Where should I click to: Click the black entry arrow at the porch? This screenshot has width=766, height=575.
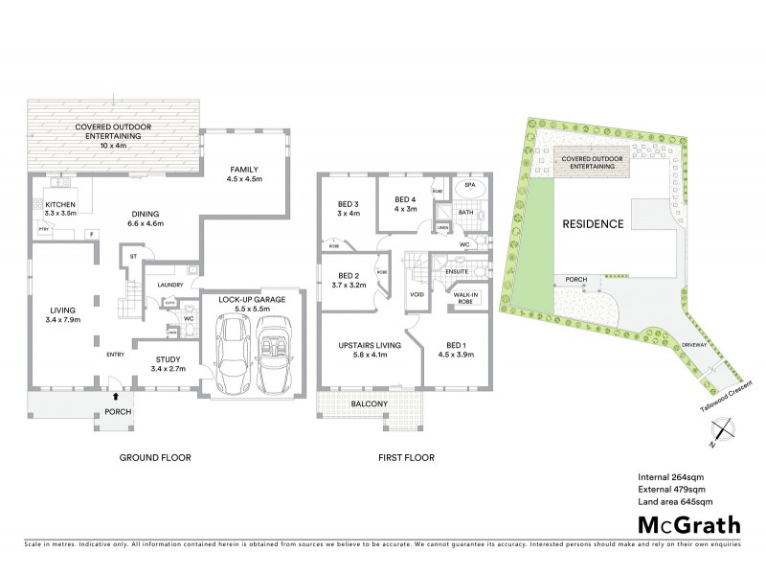click(117, 394)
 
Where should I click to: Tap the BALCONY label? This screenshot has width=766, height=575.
click(370, 403)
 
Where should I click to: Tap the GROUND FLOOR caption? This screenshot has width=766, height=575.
click(155, 458)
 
